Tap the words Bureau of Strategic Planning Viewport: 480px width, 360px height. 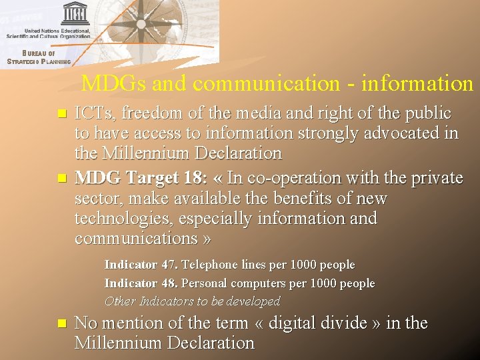pos(39,57)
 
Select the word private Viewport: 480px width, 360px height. pos(434,179)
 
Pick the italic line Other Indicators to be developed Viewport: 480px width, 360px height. pos(192,301)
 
